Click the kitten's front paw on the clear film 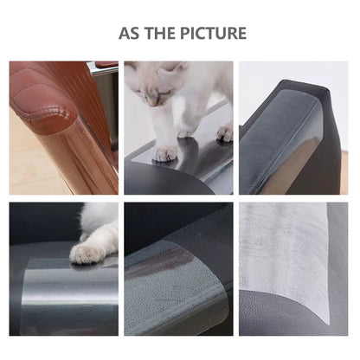pos(164,152)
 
